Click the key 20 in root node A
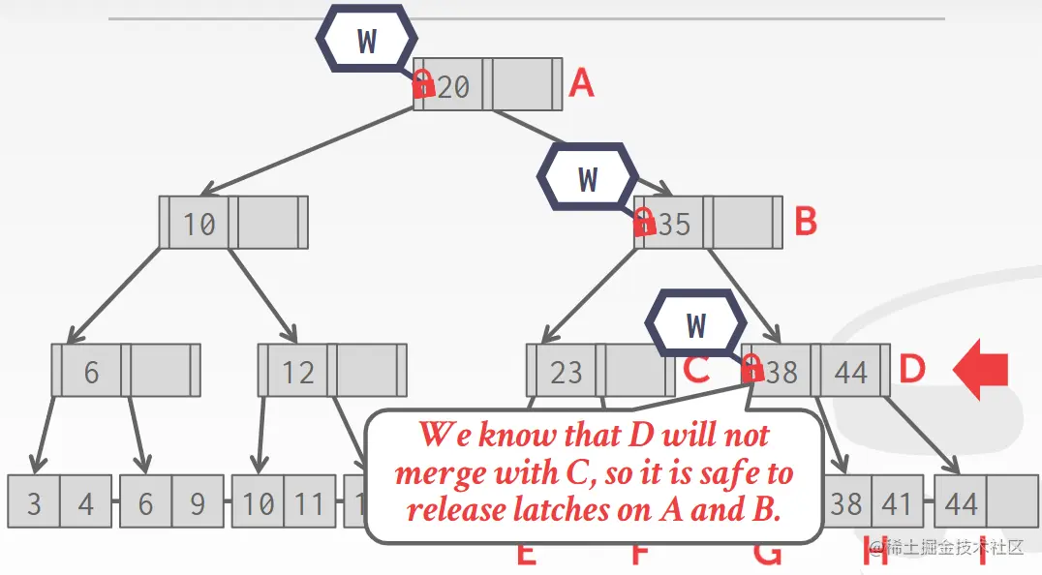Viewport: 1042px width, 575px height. [x=452, y=87]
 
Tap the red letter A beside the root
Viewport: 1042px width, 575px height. [x=581, y=83]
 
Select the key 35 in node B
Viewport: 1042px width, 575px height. [x=673, y=224]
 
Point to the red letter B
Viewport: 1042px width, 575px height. [x=806, y=222]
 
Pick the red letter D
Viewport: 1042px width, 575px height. [x=912, y=368]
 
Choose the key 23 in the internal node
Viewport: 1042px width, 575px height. [x=567, y=372]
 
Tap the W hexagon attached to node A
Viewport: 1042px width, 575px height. [x=367, y=41]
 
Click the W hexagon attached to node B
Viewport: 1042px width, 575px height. [x=588, y=178]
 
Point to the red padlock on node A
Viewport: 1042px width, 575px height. [x=422, y=83]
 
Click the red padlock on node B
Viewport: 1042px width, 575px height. [x=643, y=222]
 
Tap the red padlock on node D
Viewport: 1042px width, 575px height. [x=751, y=368]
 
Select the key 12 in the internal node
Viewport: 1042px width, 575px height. [x=298, y=372]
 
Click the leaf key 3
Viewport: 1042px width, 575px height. [x=34, y=503]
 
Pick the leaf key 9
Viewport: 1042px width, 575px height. [x=197, y=503]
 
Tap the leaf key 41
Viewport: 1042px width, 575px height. [x=896, y=503]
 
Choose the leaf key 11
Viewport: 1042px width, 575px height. [x=309, y=503]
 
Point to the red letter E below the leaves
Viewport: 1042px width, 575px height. [x=526, y=555]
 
